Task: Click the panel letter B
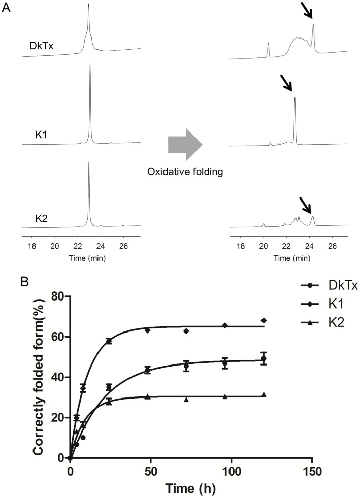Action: pyautogui.click(x=7, y=280)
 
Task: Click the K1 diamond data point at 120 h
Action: pyautogui.click(x=264, y=320)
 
